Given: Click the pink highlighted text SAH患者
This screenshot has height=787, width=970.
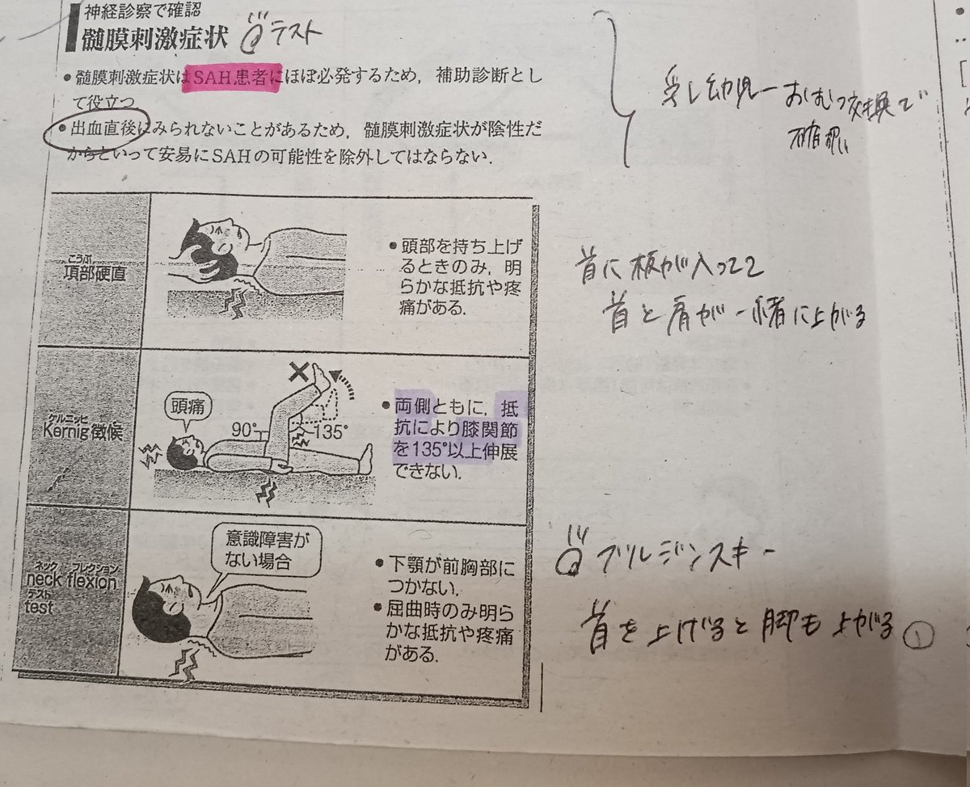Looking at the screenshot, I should [x=232, y=78].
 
